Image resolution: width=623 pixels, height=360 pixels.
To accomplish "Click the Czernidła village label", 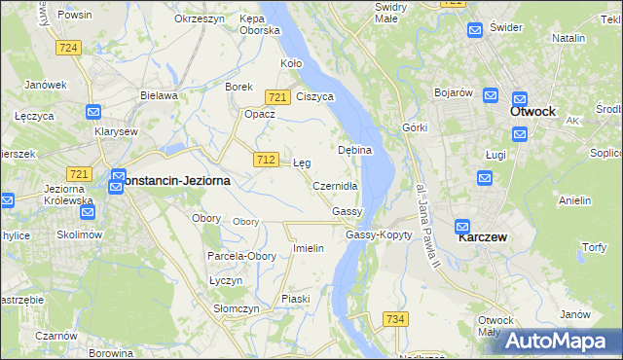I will [336, 185].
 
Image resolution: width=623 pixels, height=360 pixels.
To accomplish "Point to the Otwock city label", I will [533, 111].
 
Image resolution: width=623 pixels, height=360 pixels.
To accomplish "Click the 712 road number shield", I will [264, 159].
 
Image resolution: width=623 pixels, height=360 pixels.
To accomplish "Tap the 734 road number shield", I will [395, 318].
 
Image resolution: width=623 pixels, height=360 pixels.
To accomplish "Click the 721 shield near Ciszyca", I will [277, 96].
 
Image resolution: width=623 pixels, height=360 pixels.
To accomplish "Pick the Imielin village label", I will [309, 248].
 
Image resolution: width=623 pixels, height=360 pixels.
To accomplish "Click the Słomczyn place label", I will [237, 308].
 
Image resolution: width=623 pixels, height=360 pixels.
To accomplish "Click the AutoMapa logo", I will [557, 341].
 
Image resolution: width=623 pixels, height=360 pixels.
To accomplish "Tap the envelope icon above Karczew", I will [463, 226].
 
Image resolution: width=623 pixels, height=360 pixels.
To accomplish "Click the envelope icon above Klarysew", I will [93, 112].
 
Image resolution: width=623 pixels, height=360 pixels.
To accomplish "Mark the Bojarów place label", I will [453, 92].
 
